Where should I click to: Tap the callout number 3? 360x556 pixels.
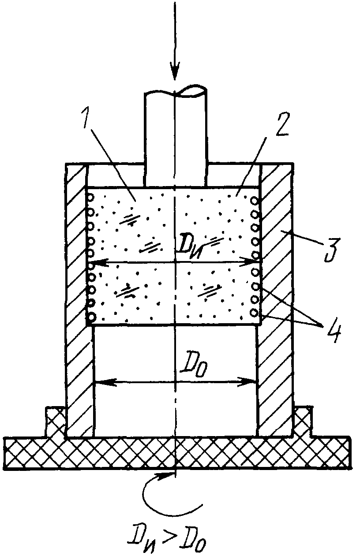point(332,249)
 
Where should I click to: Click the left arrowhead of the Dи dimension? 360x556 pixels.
point(99,261)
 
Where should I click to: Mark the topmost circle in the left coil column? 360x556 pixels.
point(91,198)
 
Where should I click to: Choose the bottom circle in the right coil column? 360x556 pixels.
point(255,313)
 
